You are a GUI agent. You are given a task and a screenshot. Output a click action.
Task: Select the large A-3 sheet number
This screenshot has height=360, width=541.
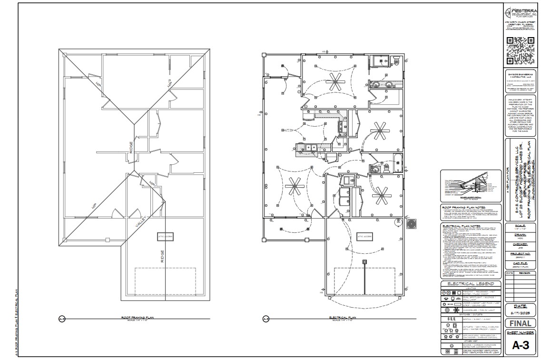tap(520, 347)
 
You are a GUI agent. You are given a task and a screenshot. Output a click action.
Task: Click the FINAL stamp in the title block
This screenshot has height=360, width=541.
tap(520, 323)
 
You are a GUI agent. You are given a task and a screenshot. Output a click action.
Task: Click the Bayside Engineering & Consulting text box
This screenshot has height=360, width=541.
tap(520, 81)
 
